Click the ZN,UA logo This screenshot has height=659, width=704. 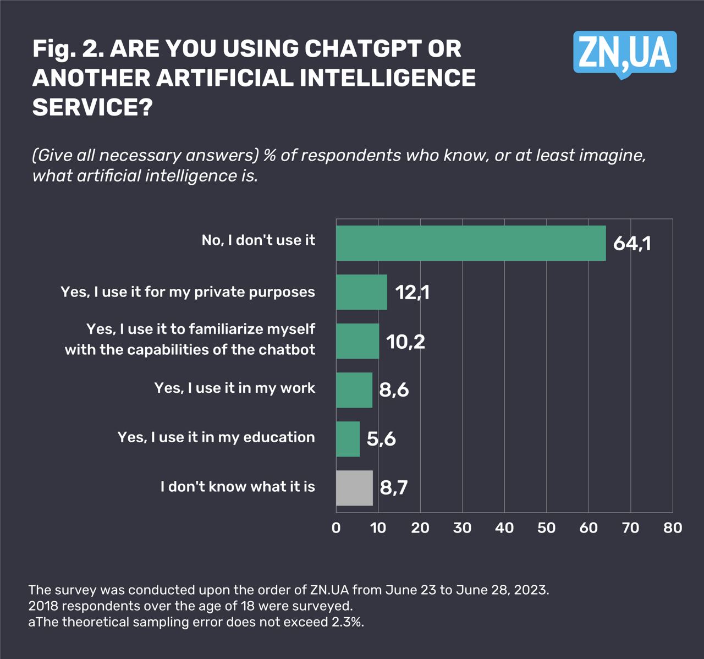click(625, 53)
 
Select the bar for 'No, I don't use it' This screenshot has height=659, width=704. click(471, 243)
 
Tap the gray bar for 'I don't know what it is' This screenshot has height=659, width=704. click(354, 488)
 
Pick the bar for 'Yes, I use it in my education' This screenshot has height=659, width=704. click(348, 439)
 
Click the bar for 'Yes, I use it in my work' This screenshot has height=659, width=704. click(354, 390)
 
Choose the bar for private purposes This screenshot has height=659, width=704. click(361, 292)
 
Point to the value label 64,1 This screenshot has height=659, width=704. click(632, 243)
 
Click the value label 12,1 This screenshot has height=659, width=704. click(412, 292)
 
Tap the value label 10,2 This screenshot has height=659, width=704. click(405, 342)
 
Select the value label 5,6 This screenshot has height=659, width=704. click(381, 439)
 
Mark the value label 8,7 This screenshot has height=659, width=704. click(394, 488)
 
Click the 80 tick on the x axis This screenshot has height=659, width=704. click(673, 528)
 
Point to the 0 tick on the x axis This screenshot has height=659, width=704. click(336, 528)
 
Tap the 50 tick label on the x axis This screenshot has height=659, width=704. click(546, 528)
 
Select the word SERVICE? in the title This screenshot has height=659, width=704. click(92, 107)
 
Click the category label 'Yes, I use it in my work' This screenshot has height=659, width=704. click(235, 388)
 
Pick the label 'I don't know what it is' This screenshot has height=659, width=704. click(238, 487)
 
